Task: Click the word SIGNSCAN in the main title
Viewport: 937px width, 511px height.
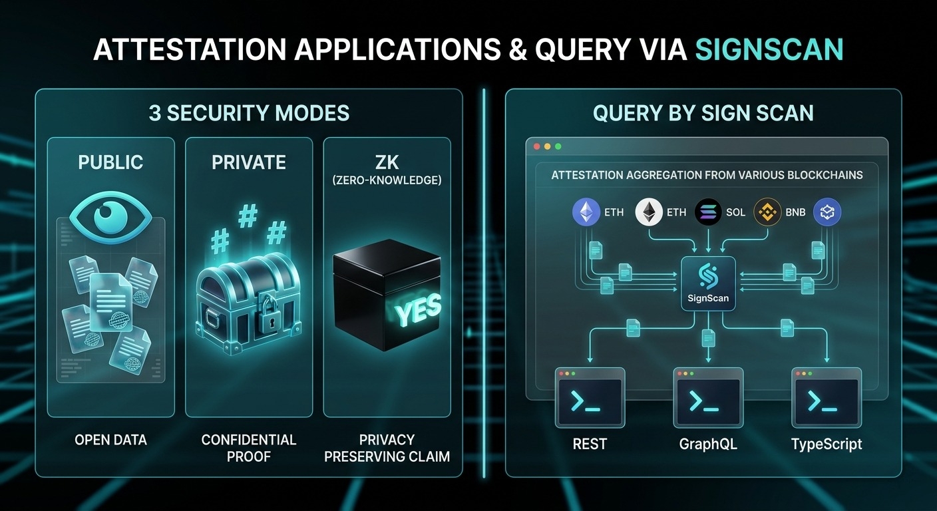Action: pos(769,50)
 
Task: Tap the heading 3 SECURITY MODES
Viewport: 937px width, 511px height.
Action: pos(249,113)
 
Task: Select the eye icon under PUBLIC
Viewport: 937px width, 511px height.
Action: pos(110,214)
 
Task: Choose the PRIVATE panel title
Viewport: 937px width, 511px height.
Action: pos(248,162)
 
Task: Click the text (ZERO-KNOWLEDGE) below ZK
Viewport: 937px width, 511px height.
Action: pos(387,180)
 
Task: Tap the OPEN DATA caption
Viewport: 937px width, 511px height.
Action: pos(110,440)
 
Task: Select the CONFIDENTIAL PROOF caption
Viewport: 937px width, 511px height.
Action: pos(248,448)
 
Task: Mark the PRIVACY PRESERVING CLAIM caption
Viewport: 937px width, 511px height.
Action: pos(387,448)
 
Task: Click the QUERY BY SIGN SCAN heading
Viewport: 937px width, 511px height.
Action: pos(703,113)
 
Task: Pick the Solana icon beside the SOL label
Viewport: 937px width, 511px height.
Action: pos(708,212)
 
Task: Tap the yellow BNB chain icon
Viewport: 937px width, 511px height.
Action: pos(767,212)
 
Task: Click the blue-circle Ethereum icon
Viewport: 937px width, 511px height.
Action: pos(586,212)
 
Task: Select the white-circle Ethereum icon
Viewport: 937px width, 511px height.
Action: pos(649,212)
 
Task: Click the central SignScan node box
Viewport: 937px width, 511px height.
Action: pos(708,283)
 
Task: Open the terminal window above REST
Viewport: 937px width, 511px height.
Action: pos(590,397)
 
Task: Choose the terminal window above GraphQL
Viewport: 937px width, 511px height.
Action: pos(708,397)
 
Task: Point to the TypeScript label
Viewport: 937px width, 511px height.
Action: pos(827,444)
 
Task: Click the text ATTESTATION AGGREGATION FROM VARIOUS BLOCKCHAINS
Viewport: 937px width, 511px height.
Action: pos(707,175)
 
